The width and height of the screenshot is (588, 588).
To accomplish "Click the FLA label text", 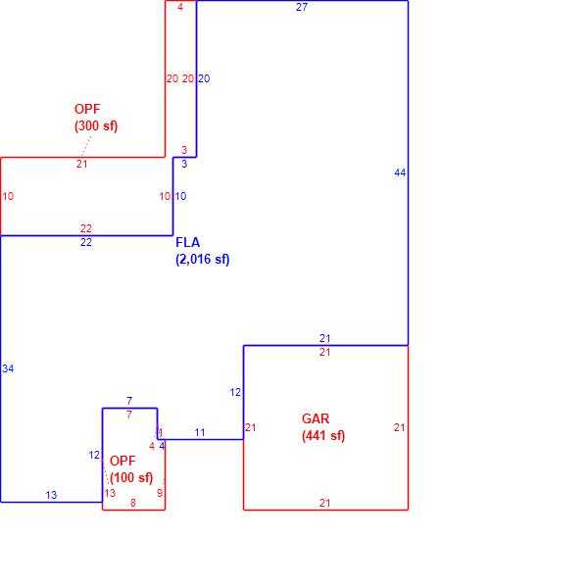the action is coord(187,242).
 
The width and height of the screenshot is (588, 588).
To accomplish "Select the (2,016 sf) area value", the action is coord(203,259).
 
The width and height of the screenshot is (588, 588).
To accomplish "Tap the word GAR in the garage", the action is coord(316,418).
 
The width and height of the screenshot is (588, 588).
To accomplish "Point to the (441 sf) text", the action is coord(323,435).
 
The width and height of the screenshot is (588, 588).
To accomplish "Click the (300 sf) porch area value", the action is coord(96,125).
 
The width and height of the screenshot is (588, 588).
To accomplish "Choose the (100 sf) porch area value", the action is coord(131,477).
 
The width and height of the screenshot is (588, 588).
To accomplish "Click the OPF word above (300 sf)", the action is coord(87,109).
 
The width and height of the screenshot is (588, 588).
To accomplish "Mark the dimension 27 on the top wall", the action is coord(302,7).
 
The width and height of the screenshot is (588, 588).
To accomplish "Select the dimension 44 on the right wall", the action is coord(400,172).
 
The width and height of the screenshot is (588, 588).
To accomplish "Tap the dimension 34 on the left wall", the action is coord(8,368).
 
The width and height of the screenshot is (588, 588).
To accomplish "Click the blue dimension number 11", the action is coord(200,432).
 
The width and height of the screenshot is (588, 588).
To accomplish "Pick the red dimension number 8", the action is coord(132,503).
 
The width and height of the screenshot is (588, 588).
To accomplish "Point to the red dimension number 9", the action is coord(160,493).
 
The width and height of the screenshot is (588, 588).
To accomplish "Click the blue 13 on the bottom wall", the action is coord(51,495).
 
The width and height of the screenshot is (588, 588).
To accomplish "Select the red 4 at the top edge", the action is coord(180,7).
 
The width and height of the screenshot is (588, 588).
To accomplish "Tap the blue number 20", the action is coord(204,78).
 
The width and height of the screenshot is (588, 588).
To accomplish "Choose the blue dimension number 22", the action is coord(86,242).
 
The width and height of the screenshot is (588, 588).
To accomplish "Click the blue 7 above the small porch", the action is coord(129,401).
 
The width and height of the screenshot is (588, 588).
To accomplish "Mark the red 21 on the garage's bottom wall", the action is coord(324,503).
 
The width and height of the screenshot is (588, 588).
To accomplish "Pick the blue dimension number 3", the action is coord(184,164).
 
